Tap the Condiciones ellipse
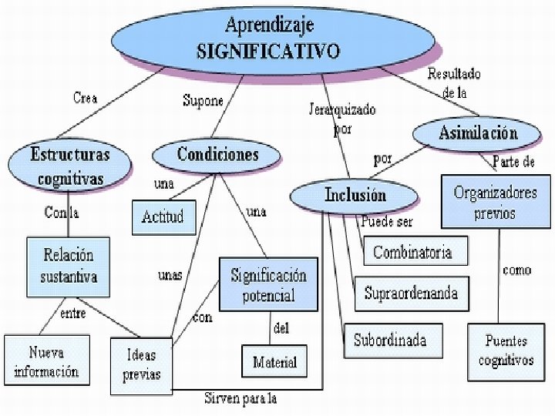point(218,155)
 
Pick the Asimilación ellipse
point(478,133)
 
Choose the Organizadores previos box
point(495,202)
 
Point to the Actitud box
point(163,216)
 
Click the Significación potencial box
point(267,284)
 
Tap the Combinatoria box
point(412,252)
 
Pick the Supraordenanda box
point(411,293)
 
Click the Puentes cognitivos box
point(506,352)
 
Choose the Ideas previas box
point(141,364)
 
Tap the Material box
point(274,361)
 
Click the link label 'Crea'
point(85,98)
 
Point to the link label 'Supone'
point(203,100)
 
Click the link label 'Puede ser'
point(386,222)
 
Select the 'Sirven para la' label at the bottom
point(240,398)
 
